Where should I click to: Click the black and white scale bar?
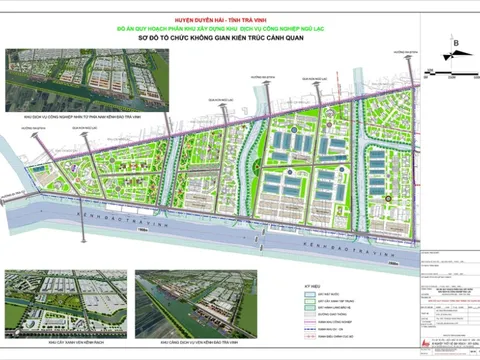pos(453,70)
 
